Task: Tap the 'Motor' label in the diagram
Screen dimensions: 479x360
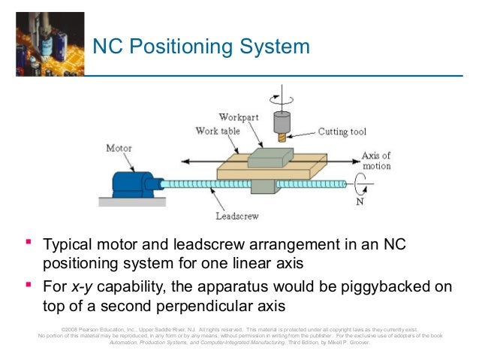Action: (119, 148)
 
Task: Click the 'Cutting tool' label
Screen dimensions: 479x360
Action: (341, 132)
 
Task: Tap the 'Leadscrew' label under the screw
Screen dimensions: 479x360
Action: (237, 216)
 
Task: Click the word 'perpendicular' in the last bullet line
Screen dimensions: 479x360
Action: (213, 307)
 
